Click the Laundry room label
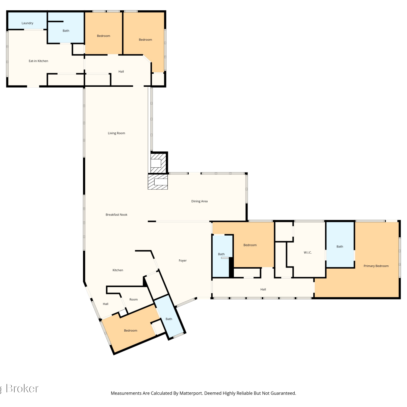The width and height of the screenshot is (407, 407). pyautogui.click(x=27, y=23)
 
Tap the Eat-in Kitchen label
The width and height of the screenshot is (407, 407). pyautogui.click(x=39, y=61)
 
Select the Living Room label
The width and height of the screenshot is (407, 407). pyautogui.click(x=116, y=133)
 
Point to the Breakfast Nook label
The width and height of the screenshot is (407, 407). pyautogui.click(x=116, y=215)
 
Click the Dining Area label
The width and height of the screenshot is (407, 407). pyautogui.click(x=199, y=201)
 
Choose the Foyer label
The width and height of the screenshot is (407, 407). pyautogui.click(x=183, y=261)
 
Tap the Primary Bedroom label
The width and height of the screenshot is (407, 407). pyautogui.click(x=376, y=266)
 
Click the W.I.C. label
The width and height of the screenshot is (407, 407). pyautogui.click(x=308, y=253)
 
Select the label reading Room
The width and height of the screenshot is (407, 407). pyautogui.click(x=133, y=300)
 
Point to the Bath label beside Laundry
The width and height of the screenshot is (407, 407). pyautogui.click(x=66, y=31)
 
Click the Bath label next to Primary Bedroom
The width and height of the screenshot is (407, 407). pyautogui.click(x=340, y=247)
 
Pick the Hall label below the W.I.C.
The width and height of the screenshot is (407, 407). pyautogui.click(x=263, y=290)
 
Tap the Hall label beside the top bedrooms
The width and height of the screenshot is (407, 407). pyautogui.click(x=121, y=72)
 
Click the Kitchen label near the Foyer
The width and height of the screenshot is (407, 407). pyautogui.click(x=118, y=270)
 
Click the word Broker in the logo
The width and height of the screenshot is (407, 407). pyautogui.click(x=22, y=389)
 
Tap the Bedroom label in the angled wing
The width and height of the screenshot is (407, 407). pyautogui.click(x=131, y=330)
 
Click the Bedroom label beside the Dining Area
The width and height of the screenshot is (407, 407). pyautogui.click(x=250, y=245)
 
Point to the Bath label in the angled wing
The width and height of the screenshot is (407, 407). pyautogui.click(x=169, y=319)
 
